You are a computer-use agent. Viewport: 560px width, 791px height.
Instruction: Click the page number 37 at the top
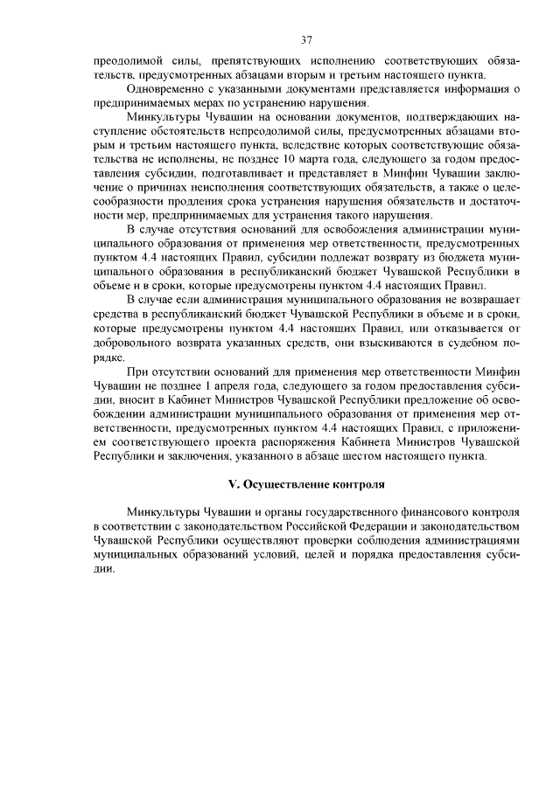point(306,39)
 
